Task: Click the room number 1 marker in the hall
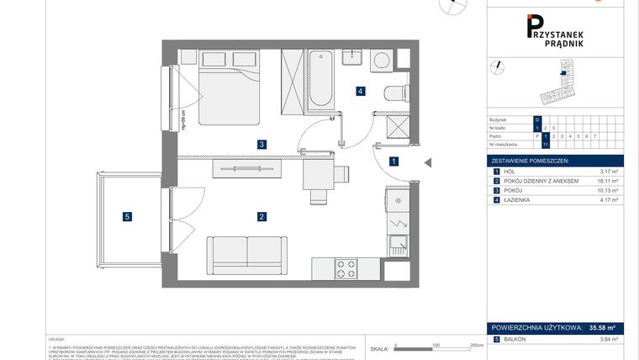(x=393, y=161)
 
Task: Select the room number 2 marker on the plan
(x=262, y=217)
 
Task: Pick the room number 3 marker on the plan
(x=262, y=145)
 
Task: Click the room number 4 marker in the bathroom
(x=359, y=91)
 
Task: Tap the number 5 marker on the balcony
(x=127, y=217)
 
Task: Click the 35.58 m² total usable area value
(x=605, y=327)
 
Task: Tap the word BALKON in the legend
(x=515, y=339)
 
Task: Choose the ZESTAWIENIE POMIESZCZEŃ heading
(x=530, y=160)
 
